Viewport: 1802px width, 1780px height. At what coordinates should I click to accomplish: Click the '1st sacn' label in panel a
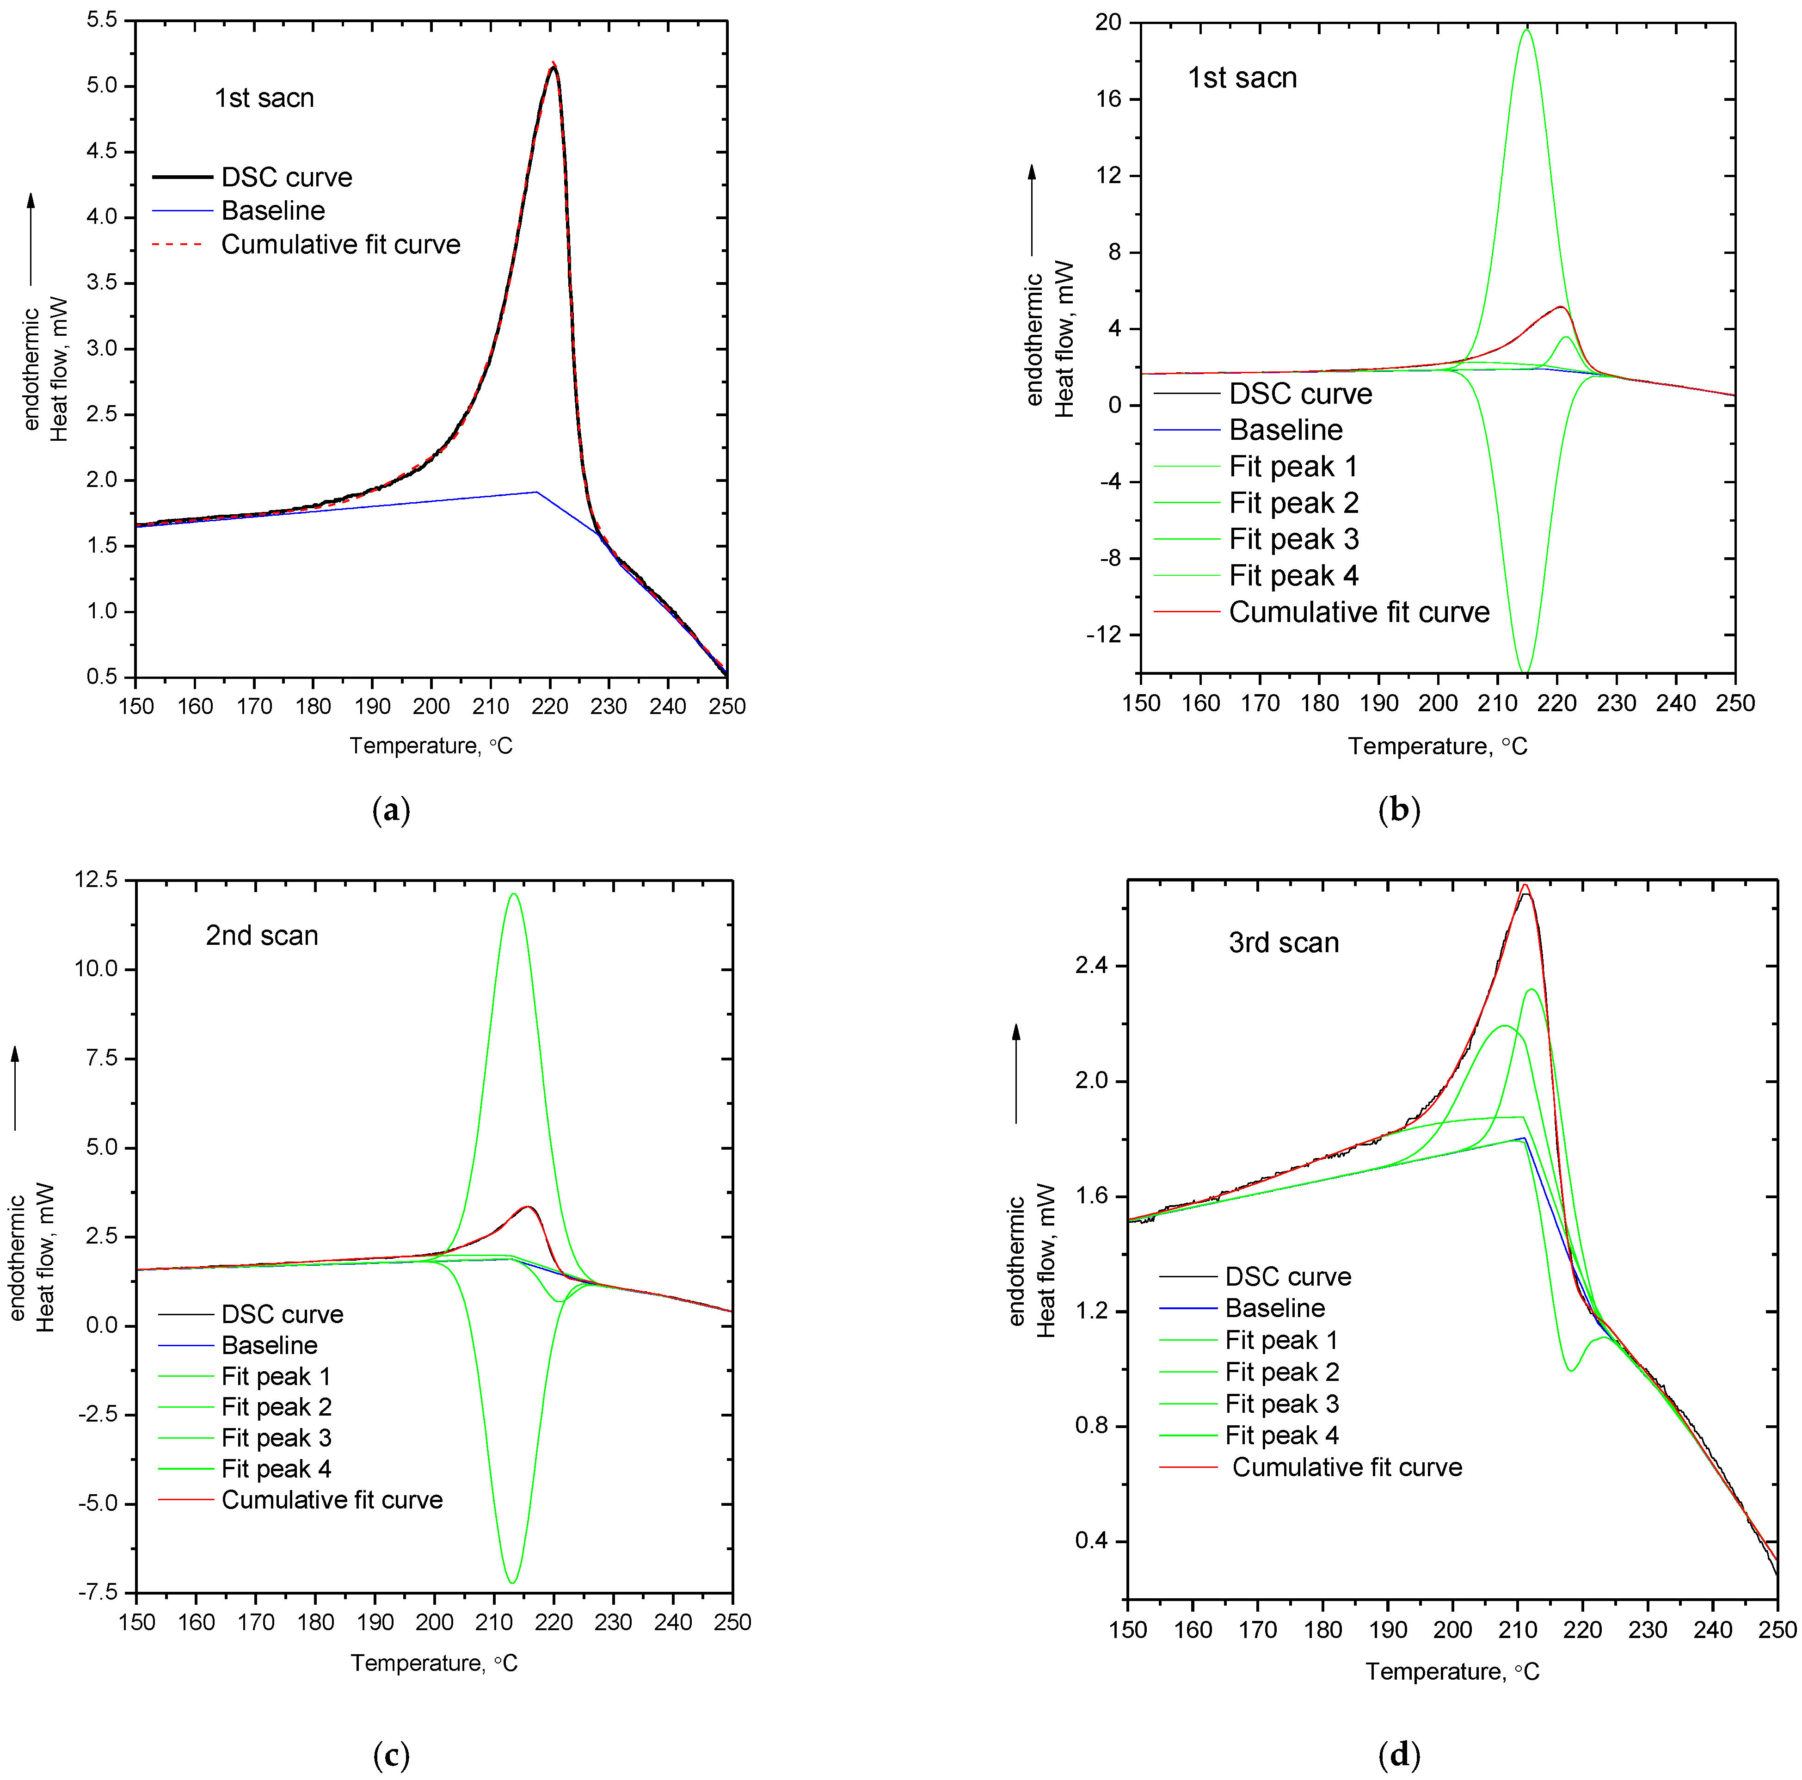264,98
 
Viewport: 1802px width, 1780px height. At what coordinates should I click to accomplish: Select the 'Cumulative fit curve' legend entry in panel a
340,245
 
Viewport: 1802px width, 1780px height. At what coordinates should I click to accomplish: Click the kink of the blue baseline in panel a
536,492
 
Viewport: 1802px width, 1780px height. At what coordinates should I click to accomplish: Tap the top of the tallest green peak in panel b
1526,30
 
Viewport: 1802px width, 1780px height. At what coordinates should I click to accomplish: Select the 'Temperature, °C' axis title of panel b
1437,746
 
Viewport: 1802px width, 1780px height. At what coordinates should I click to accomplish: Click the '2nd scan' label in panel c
262,936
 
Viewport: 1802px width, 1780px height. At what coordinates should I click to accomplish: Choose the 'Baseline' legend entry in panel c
270,1345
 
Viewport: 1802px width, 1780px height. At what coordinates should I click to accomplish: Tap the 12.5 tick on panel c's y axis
96,880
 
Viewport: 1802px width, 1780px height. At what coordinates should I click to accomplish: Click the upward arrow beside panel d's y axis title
1017,1073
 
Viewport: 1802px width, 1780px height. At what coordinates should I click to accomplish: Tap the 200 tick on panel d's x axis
1452,1630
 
